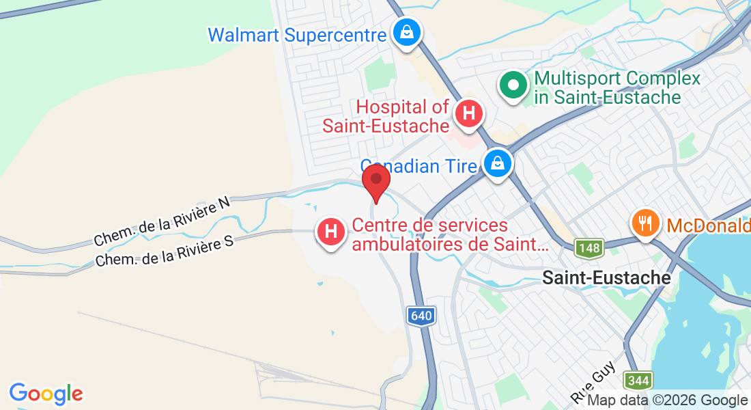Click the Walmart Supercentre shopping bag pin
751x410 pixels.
tap(407, 32)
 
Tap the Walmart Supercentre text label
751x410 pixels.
tap(297, 35)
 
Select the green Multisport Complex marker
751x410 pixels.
tap(514, 86)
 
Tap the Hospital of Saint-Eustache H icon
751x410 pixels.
tap(468, 112)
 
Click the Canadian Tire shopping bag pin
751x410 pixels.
tap(498, 164)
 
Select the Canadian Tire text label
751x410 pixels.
tap(418, 166)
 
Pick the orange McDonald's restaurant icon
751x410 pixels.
tap(644, 222)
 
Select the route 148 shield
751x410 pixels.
tap(589, 248)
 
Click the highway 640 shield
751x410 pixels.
tap(421, 316)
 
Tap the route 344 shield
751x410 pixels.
tap(638, 380)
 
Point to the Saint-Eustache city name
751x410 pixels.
tap(606, 278)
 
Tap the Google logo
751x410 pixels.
tap(46, 394)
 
